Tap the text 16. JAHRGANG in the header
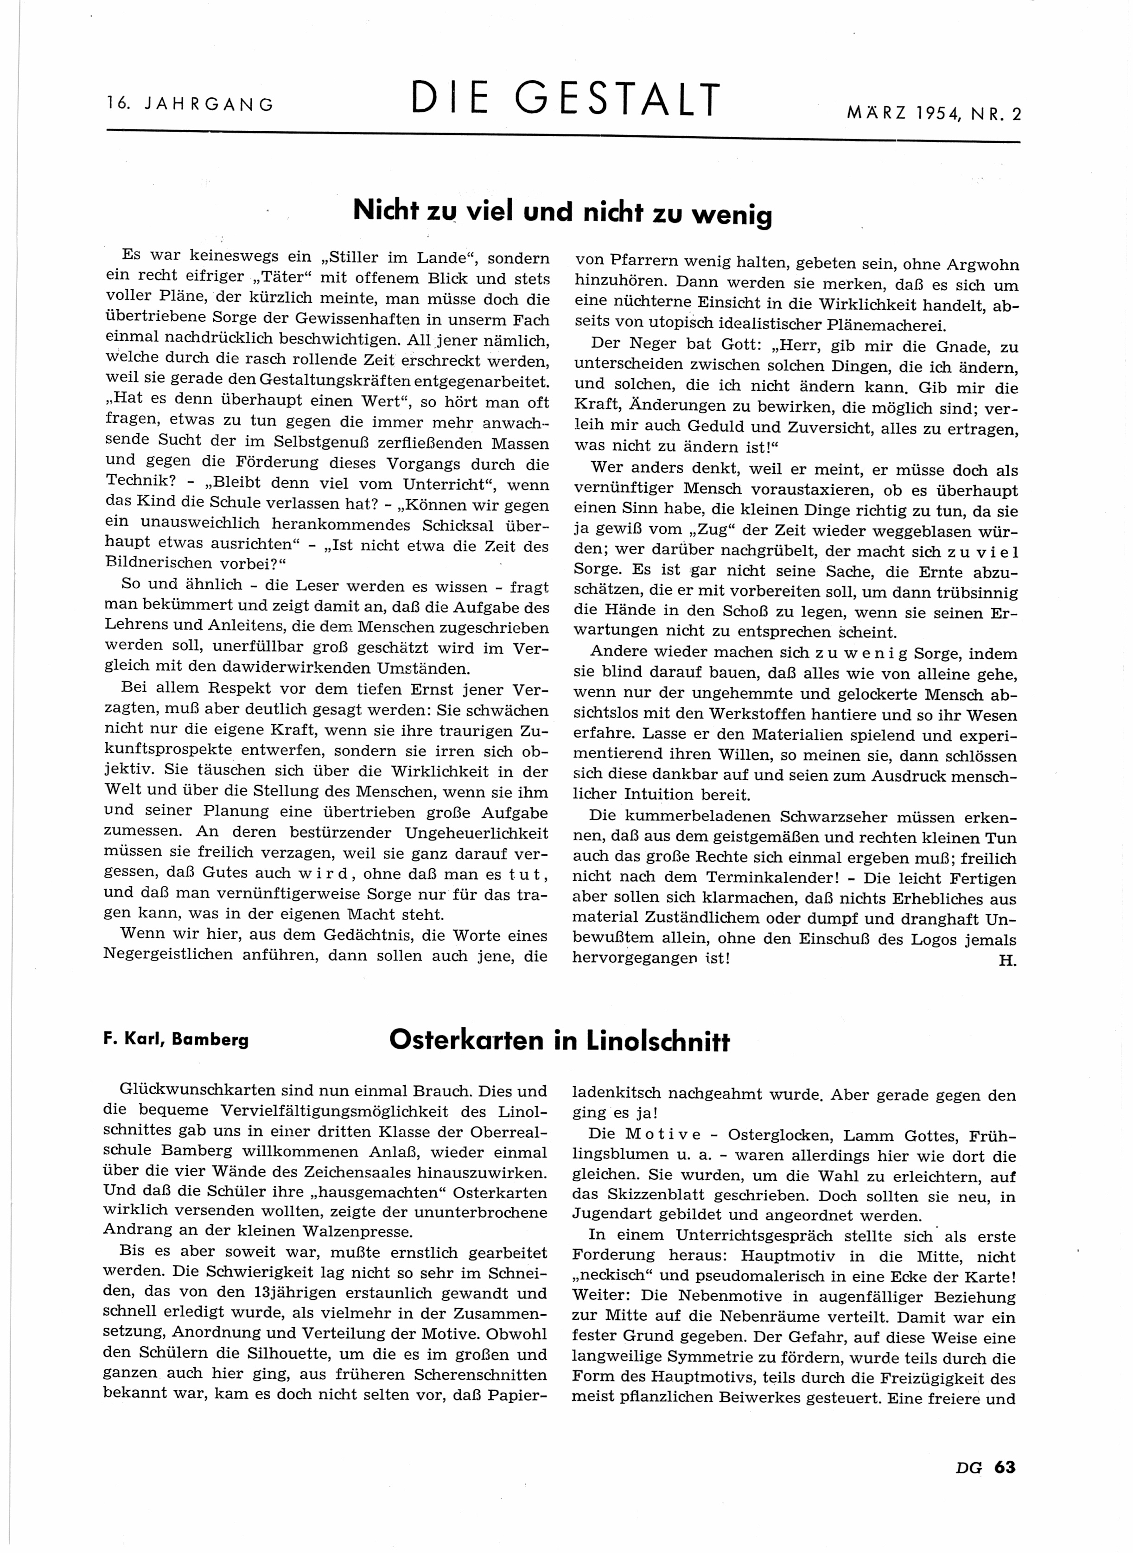191,104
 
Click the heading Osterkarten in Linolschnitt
559,1041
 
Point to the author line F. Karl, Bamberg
176,1039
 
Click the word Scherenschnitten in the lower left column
480,1375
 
